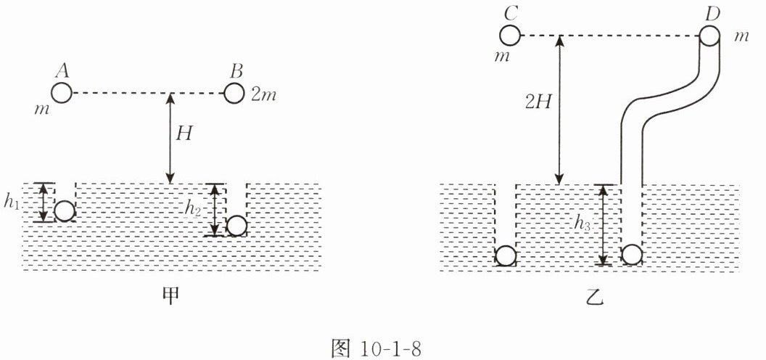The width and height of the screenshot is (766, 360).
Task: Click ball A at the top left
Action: tap(62, 94)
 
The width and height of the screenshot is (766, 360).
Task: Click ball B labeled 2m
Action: tap(234, 94)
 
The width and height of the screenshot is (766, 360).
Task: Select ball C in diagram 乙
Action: tap(510, 35)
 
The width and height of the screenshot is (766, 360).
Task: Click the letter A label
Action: tap(62, 71)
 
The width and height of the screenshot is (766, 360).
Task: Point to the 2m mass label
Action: tap(265, 94)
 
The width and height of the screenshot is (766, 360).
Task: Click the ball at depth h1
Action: tap(65, 211)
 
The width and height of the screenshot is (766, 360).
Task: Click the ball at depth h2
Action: tap(236, 226)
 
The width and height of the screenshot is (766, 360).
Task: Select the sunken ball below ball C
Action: tap(506, 256)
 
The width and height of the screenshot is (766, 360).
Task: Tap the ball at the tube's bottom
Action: tap(633, 255)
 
